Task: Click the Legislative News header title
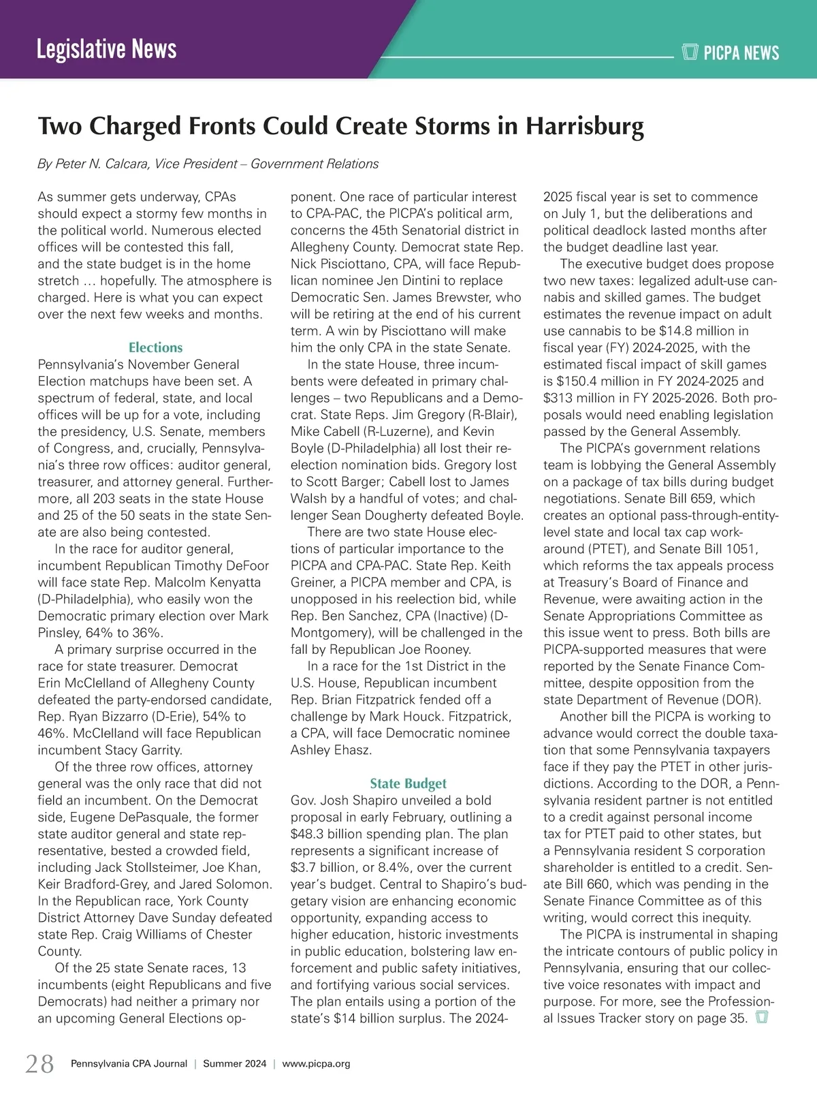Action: pyautogui.click(x=106, y=50)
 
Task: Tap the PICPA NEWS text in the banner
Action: pyautogui.click(x=741, y=53)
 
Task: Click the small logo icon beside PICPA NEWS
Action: pyautogui.click(x=690, y=52)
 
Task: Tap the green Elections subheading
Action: pyautogui.click(x=155, y=347)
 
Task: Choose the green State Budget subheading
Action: pyautogui.click(x=408, y=783)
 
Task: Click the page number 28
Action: pyautogui.click(x=39, y=1063)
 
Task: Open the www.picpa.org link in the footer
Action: pyautogui.click(x=316, y=1064)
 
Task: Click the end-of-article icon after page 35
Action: pyautogui.click(x=762, y=1018)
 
